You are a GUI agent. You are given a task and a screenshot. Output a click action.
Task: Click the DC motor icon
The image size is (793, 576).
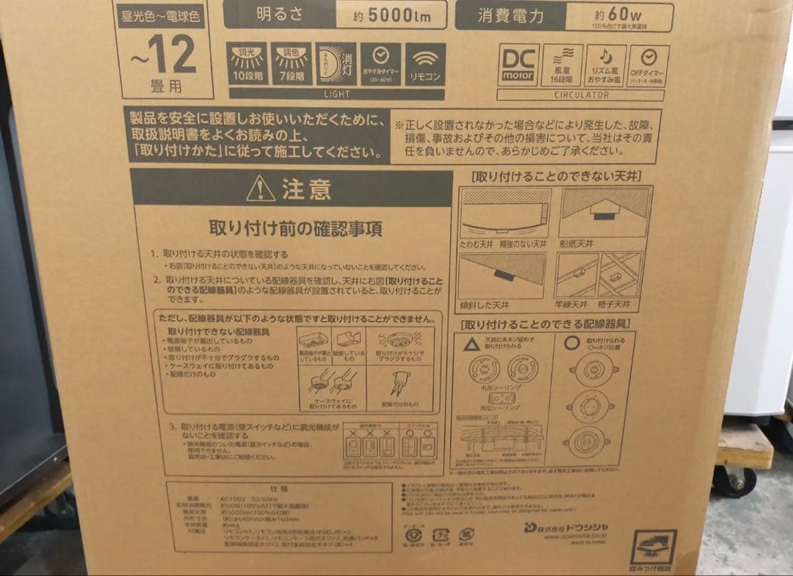(518, 65)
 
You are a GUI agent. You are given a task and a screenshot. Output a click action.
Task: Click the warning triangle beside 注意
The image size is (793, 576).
(261, 189)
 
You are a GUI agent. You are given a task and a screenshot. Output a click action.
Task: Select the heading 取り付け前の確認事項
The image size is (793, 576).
(295, 228)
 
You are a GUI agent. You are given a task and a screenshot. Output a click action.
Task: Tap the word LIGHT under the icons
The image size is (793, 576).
(336, 95)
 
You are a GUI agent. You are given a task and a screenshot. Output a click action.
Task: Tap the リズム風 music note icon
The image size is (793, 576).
(605, 65)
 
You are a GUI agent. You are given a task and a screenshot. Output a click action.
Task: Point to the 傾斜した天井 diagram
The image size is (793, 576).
(502, 277)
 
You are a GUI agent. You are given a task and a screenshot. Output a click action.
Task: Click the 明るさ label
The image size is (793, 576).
(278, 15)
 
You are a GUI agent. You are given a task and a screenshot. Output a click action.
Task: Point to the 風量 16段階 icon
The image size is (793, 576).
(562, 65)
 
